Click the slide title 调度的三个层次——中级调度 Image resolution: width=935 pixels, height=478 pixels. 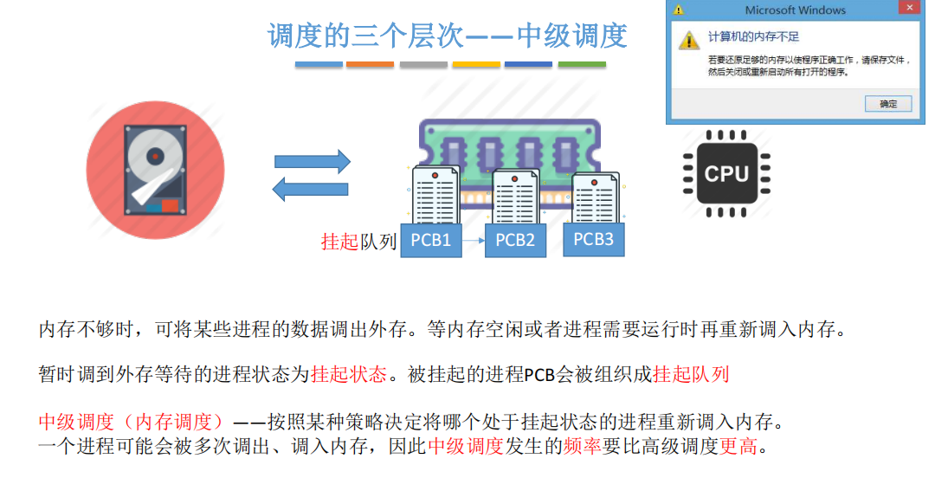click(x=447, y=36)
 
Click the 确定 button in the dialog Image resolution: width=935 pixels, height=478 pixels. click(x=888, y=104)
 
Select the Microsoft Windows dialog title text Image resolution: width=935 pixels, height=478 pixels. click(x=795, y=10)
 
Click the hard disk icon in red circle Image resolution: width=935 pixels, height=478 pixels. click(x=155, y=169)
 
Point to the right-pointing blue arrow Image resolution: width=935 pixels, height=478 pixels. click(x=313, y=161)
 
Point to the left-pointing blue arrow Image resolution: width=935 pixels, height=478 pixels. click(x=311, y=189)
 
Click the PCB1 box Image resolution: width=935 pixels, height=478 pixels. click(x=430, y=240)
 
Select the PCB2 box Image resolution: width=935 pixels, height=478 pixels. click(x=515, y=240)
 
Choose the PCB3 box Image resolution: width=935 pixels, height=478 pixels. click(x=593, y=239)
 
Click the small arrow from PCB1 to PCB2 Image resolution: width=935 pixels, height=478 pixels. click(x=472, y=241)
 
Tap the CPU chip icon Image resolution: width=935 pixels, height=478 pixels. click(x=726, y=173)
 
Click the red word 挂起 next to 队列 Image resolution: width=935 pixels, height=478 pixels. click(x=339, y=242)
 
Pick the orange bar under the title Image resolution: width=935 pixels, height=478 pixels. click(x=370, y=65)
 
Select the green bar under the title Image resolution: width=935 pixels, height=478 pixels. click(x=581, y=65)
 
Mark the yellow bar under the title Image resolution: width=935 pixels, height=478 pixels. click(x=476, y=65)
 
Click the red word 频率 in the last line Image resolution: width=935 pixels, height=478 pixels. click(x=582, y=447)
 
